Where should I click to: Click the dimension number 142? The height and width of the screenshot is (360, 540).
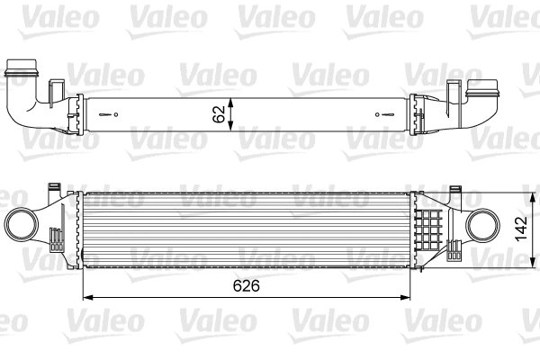[520, 229]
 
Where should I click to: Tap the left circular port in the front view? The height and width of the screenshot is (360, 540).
[22, 222]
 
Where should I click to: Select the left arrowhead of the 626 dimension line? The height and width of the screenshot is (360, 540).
[86, 297]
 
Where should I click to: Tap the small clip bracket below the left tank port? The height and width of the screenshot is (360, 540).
[56, 240]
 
